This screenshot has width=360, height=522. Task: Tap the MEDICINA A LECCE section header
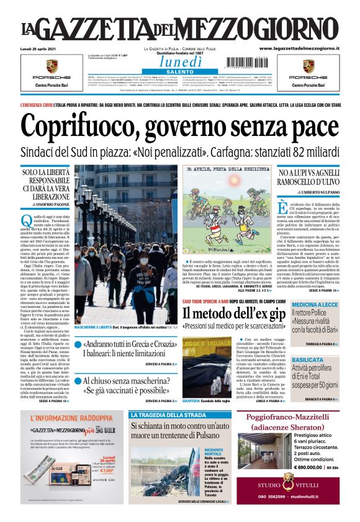click(316, 305)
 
